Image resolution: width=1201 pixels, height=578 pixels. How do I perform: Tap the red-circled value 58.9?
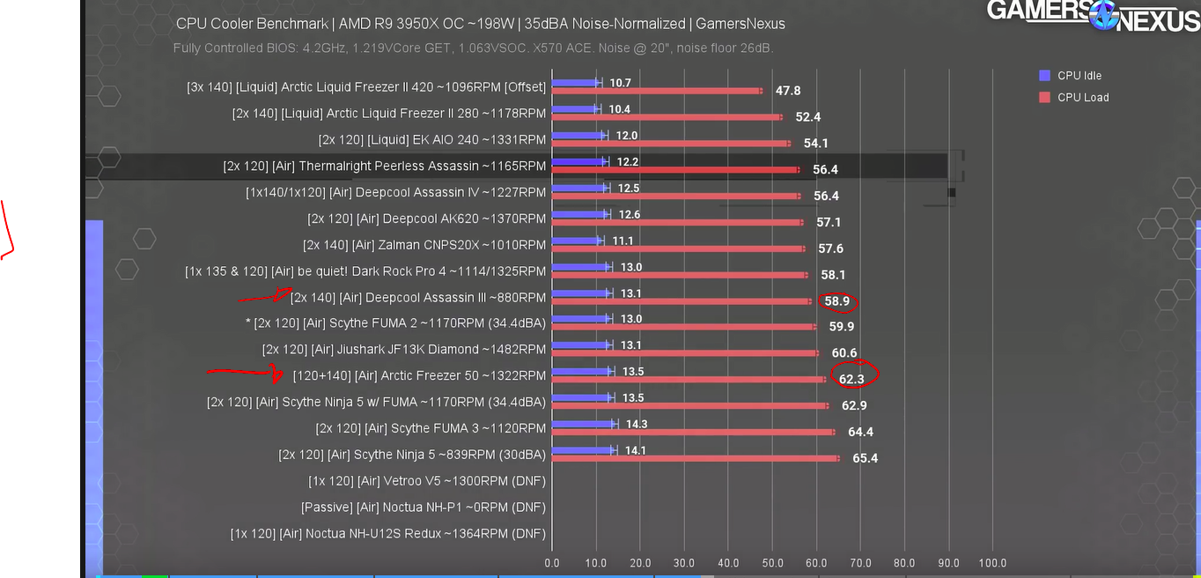[x=836, y=301]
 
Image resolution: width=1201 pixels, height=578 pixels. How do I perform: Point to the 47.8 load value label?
[x=787, y=91]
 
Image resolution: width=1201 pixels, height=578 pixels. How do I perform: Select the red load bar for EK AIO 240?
[x=669, y=143]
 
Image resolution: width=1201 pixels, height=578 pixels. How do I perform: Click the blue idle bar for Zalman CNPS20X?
[x=576, y=241]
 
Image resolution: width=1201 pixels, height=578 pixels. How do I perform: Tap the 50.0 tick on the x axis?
[x=772, y=563]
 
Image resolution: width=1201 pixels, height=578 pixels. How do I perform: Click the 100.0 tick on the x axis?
[x=991, y=563]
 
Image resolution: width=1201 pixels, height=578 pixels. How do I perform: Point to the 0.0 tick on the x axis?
[x=552, y=563]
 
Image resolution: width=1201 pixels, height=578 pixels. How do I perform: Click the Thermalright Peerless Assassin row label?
[x=385, y=166]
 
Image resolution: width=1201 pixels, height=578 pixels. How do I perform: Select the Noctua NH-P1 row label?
[x=423, y=508]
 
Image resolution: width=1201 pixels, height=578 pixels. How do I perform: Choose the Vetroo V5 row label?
[x=427, y=481]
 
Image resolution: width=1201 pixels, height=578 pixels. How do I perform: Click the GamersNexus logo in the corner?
[x=1093, y=15]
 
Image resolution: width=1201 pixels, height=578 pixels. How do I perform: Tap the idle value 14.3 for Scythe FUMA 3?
[x=636, y=424]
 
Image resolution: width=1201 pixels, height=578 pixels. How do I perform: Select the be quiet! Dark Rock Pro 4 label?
[x=365, y=271]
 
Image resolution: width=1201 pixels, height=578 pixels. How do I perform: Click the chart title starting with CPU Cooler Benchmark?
[x=480, y=24]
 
